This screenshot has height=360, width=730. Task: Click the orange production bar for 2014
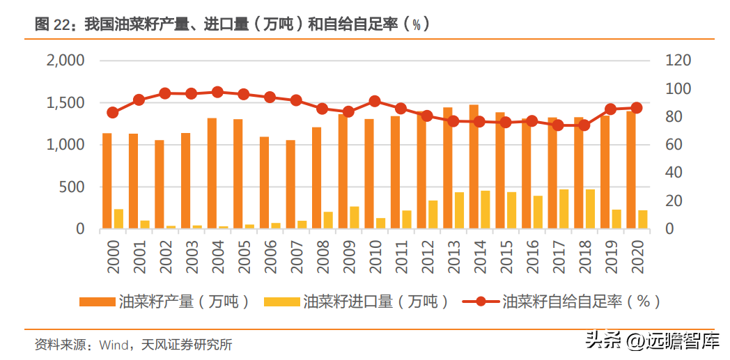(474, 166)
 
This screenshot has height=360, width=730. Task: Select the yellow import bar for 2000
(118, 219)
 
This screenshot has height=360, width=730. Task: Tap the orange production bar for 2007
(290, 185)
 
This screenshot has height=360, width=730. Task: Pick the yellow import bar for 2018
(590, 209)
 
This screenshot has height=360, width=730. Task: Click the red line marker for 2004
(217, 92)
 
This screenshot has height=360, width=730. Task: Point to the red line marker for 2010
(375, 101)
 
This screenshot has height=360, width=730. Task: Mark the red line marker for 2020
(637, 108)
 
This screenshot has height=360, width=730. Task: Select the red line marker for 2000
(113, 113)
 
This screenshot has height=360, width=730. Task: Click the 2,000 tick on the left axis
(65, 61)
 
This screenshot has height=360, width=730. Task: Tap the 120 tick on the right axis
(678, 61)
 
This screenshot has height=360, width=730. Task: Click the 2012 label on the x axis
(428, 257)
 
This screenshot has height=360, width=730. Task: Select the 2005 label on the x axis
(244, 257)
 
